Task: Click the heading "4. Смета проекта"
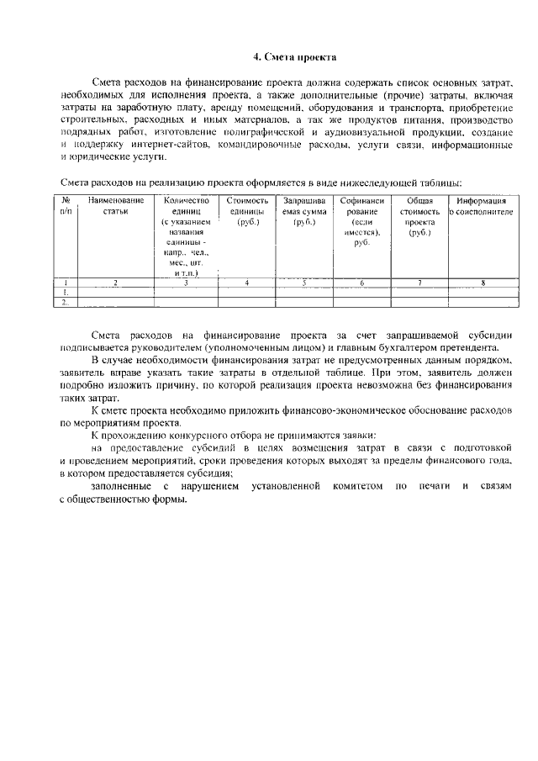[295, 57]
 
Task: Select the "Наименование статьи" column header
[116, 206]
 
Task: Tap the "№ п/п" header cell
[65, 206]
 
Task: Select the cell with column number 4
[247, 283]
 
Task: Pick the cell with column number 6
[362, 283]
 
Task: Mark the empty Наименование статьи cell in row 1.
[116, 293]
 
